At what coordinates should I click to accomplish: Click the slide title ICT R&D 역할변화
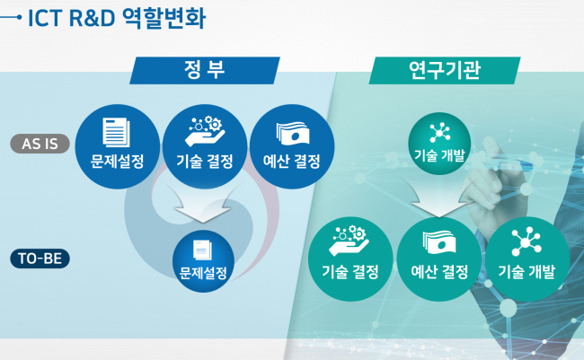pyautogui.click(x=117, y=18)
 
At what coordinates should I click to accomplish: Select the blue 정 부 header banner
pyautogui.click(x=205, y=70)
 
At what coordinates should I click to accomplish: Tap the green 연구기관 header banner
pyautogui.click(x=445, y=70)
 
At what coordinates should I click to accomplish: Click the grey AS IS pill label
pyautogui.click(x=40, y=144)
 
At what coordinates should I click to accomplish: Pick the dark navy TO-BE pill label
pyautogui.click(x=40, y=259)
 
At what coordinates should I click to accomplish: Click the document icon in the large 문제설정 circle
pyautogui.click(x=116, y=132)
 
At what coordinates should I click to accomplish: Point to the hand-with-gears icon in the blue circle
pyautogui.click(x=205, y=131)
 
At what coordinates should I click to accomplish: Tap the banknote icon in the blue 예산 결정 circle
pyautogui.click(x=293, y=133)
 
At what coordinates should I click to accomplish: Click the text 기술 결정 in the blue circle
pyautogui.click(x=205, y=162)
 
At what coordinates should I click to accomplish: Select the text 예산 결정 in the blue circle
pyautogui.click(x=292, y=162)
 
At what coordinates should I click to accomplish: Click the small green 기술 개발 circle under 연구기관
pyautogui.click(x=439, y=144)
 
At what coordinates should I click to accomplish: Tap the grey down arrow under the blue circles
pyautogui.click(x=203, y=208)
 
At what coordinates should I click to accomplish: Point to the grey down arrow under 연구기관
pyautogui.click(x=439, y=203)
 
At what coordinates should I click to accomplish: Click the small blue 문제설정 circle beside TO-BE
pyautogui.click(x=203, y=261)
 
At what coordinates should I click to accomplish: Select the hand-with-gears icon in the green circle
pyautogui.click(x=349, y=241)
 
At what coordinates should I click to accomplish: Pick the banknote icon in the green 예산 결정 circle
pyautogui.click(x=439, y=242)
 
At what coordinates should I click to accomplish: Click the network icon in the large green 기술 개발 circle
pyautogui.click(x=526, y=241)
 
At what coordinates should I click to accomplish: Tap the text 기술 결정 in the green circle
pyautogui.click(x=350, y=272)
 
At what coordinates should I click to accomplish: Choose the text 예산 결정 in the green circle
pyautogui.click(x=439, y=272)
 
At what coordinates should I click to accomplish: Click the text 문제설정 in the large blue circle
pyautogui.click(x=117, y=162)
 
